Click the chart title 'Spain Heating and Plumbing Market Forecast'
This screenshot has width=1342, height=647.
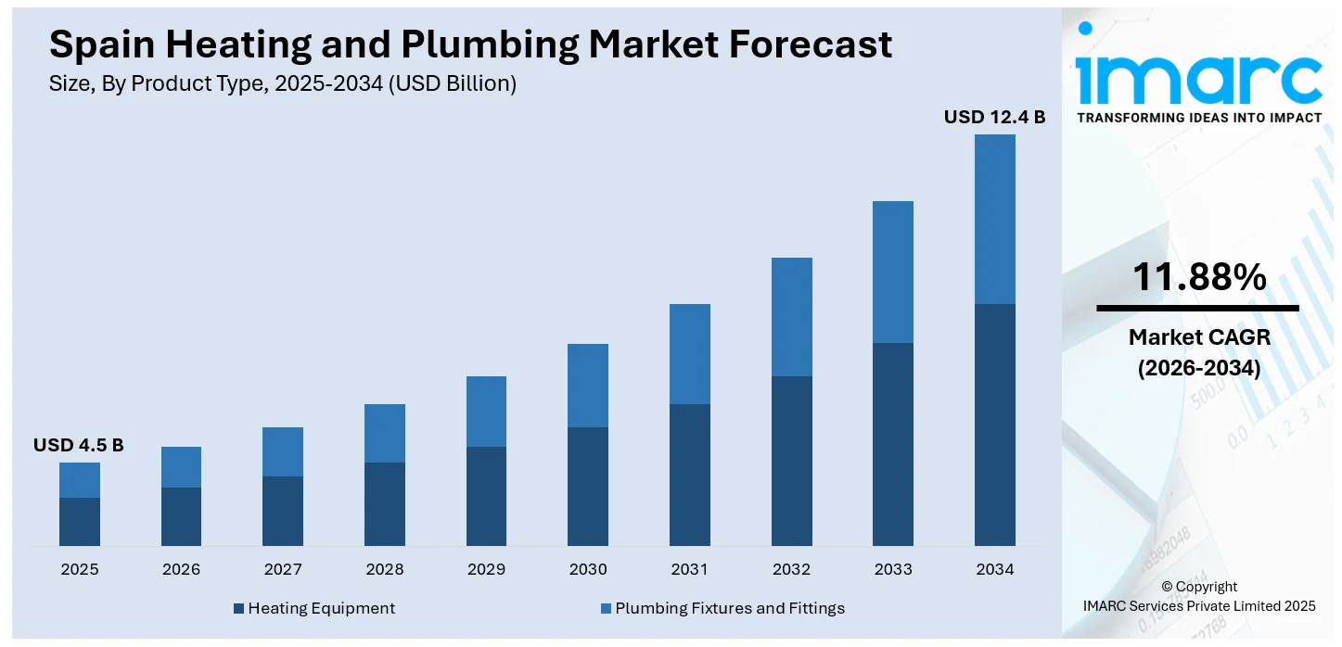tap(470, 44)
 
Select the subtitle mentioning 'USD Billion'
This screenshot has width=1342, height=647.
tap(282, 83)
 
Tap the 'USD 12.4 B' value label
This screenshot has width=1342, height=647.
tap(994, 117)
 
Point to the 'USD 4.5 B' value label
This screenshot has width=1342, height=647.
tap(79, 445)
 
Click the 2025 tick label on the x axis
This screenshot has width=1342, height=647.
tap(80, 569)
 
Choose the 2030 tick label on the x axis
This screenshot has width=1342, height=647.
tap(588, 569)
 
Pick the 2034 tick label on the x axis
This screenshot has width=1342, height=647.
tap(994, 569)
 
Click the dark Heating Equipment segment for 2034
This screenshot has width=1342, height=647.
tap(994, 425)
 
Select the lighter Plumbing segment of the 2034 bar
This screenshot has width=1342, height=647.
tap(994, 219)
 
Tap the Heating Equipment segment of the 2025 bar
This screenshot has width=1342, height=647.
tap(80, 522)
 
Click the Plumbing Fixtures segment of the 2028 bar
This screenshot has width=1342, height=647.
tap(385, 433)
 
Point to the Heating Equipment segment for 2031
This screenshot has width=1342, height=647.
tap(690, 475)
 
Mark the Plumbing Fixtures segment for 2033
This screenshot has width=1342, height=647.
tap(893, 272)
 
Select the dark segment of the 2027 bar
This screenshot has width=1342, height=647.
tap(283, 511)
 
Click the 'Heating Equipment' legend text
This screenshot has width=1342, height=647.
tap(321, 608)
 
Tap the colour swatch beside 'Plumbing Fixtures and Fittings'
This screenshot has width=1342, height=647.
tap(606, 608)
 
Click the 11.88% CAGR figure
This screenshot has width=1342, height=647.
tap(1198, 277)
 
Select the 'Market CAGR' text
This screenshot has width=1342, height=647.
tap(1198, 337)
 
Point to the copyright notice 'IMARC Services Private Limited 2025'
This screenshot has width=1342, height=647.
tap(1198, 606)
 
